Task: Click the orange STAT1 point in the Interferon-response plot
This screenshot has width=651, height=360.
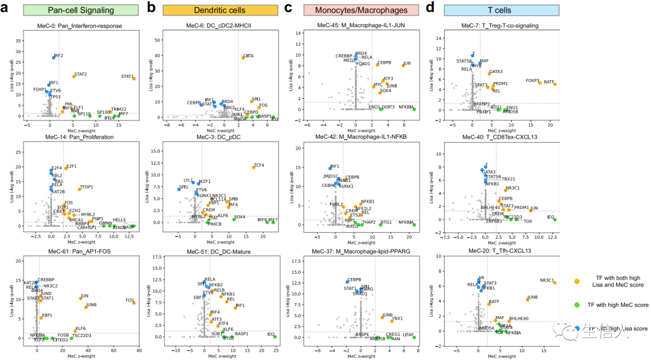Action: (134, 78)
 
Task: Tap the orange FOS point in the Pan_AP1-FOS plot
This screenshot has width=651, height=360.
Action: (134, 303)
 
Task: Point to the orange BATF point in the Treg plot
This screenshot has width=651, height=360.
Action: (555, 84)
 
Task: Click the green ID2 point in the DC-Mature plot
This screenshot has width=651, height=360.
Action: (275, 333)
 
